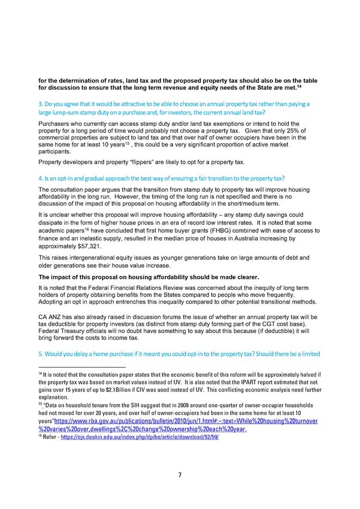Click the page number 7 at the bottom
180,475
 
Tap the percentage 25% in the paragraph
297,131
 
